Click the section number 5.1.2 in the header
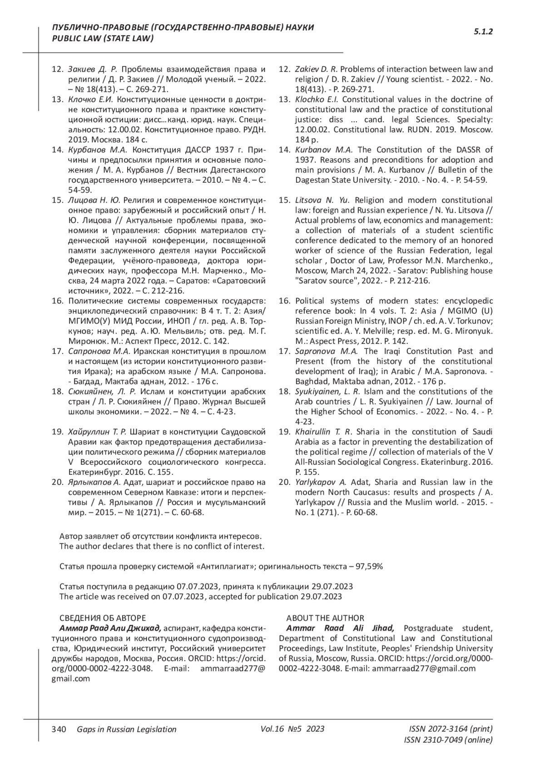point(483,32)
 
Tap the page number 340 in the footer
point(59,729)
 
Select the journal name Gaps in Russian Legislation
point(127,729)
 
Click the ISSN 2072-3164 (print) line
point(451,729)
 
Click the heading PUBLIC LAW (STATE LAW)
point(103,39)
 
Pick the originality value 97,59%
point(369,567)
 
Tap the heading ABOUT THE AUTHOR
point(325,618)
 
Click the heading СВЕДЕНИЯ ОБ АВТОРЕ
point(103,618)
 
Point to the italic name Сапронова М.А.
point(99,351)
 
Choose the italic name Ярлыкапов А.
point(94,482)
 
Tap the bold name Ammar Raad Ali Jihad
point(340,628)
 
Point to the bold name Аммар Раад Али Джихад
point(110,628)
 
